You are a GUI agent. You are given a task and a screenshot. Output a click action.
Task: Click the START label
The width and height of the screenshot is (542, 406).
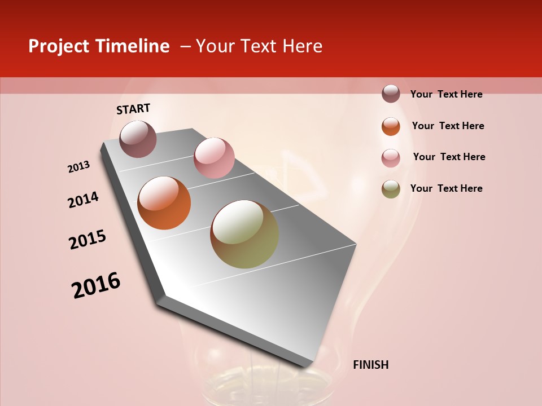[133, 109]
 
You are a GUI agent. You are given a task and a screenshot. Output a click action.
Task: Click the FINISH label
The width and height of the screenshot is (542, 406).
[370, 365]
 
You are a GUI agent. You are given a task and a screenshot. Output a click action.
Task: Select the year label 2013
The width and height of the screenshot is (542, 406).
[79, 167]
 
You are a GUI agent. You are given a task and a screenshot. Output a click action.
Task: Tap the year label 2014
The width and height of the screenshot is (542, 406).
[83, 200]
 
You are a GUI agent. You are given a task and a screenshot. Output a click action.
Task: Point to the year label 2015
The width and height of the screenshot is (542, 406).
[88, 240]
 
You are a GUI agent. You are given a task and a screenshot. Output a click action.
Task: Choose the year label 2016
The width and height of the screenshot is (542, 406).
[96, 285]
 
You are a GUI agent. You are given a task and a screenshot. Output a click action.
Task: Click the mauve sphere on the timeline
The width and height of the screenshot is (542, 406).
[138, 139]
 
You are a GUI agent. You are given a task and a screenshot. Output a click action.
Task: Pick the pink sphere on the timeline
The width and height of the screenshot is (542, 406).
[214, 158]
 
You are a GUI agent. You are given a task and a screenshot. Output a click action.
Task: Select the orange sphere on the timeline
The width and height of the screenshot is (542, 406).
[164, 203]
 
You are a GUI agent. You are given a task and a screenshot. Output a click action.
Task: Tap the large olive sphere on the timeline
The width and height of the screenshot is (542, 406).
[244, 234]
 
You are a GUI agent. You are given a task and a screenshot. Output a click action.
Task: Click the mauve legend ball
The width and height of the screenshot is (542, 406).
[391, 94]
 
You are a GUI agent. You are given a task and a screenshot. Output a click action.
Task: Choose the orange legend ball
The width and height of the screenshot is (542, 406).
[391, 126]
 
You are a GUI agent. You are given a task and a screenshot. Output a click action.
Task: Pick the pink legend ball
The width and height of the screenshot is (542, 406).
[391, 158]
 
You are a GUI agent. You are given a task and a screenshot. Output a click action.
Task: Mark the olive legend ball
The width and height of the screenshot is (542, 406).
[391, 189]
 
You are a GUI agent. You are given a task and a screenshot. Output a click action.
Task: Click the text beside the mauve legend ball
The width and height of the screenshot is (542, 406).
[446, 94]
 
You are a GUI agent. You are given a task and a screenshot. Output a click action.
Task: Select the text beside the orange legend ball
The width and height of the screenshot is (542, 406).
[448, 126]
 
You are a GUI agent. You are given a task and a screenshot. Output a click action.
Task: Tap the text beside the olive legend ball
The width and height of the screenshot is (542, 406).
[446, 188]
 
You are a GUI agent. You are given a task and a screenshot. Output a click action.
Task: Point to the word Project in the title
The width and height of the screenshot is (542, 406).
[58, 46]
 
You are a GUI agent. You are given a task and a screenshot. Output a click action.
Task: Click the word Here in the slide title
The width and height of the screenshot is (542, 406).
[302, 46]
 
